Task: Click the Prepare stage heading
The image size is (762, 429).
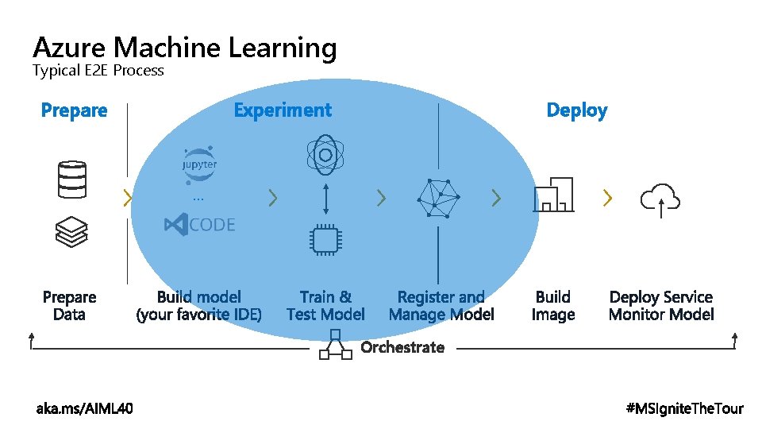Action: pyautogui.click(x=74, y=110)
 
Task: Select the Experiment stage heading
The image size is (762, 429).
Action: pyautogui.click(x=283, y=110)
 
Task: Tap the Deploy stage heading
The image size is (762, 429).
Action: pyautogui.click(x=576, y=110)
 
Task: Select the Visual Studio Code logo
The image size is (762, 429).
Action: pyautogui.click(x=199, y=225)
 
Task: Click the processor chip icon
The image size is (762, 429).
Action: pyautogui.click(x=325, y=238)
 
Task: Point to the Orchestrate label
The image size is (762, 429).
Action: pyautogui.click(x=402, y=347)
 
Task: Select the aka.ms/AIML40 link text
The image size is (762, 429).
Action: pyautogui.click(x=85, y=408)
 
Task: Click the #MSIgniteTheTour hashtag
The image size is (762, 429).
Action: pyautogui.click(x=685, y=408)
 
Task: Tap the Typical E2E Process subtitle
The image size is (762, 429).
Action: pyautogui.click(x=98, y=71)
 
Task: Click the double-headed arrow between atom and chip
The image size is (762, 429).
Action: pyautogui.click(x=325, y=197)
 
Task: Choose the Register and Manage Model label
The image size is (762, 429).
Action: pyautogui.click(x=441, y=306)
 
